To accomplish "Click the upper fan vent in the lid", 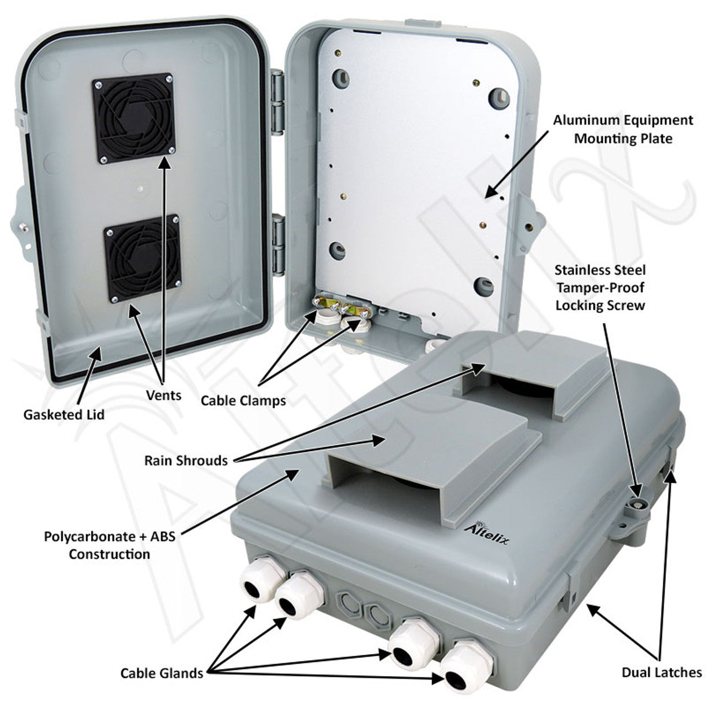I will click(132, 118).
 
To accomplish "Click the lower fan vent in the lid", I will click(142, 258).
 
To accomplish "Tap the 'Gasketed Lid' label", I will click(63, 414).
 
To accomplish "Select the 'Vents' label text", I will click(164, 395).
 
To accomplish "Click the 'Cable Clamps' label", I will click(243, 400).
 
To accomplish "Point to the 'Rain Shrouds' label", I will click(186, 460).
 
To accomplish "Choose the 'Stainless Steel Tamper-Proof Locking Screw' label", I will click(600, 287).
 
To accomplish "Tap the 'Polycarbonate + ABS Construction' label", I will click(109, 545).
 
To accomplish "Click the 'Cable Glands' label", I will click(162, 673).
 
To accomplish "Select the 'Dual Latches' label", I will click(662, 672).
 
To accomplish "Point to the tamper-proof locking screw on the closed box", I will click(639, 503).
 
